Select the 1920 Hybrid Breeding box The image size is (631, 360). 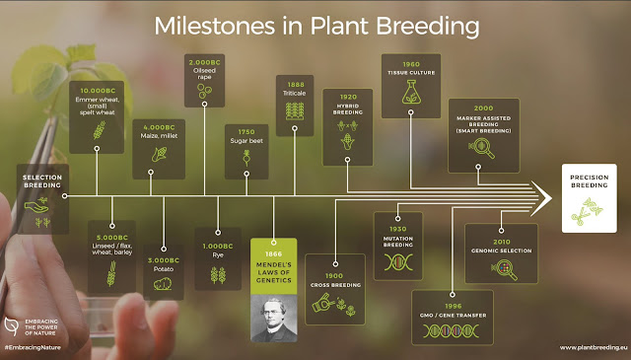(346, 125)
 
